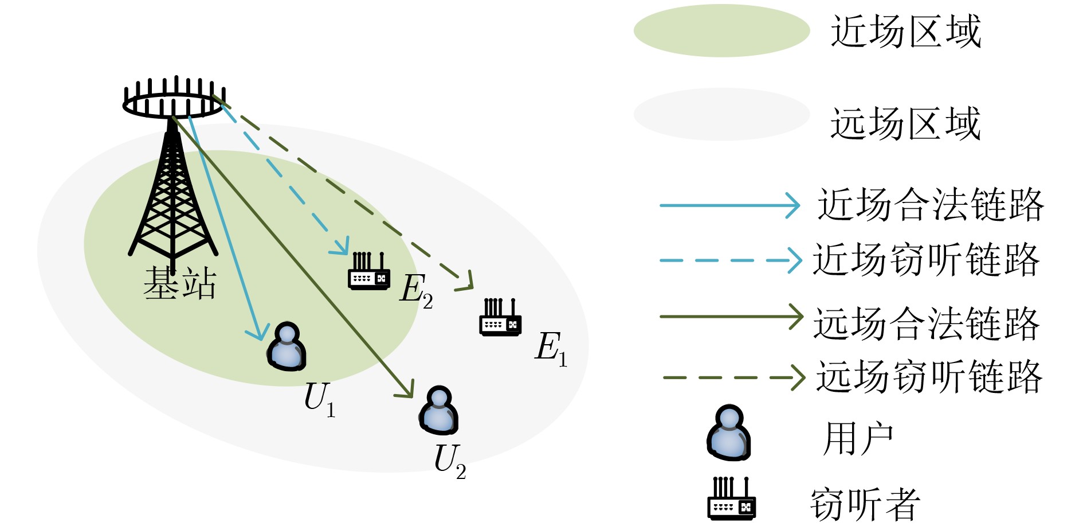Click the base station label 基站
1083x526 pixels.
(x=179, y=283)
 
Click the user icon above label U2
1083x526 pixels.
(x=439, y=410)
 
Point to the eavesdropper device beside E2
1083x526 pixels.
(x=369, y=271)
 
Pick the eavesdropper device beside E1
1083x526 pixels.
(x=500, y=317)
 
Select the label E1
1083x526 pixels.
(x=551, y=348)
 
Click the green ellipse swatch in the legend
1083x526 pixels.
(x=721, y=30)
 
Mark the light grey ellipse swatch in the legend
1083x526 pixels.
(x=721, y=114)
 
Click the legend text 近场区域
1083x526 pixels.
(x=905, y=32)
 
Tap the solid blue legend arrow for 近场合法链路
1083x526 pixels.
(x=729, y=205)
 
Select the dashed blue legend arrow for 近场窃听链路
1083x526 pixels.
(x=730, y=260)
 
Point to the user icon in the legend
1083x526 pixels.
(x=728, y=433)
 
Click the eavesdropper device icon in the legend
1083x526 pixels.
(x=731, y=498)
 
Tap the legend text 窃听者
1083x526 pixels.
(x=864, y=504)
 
